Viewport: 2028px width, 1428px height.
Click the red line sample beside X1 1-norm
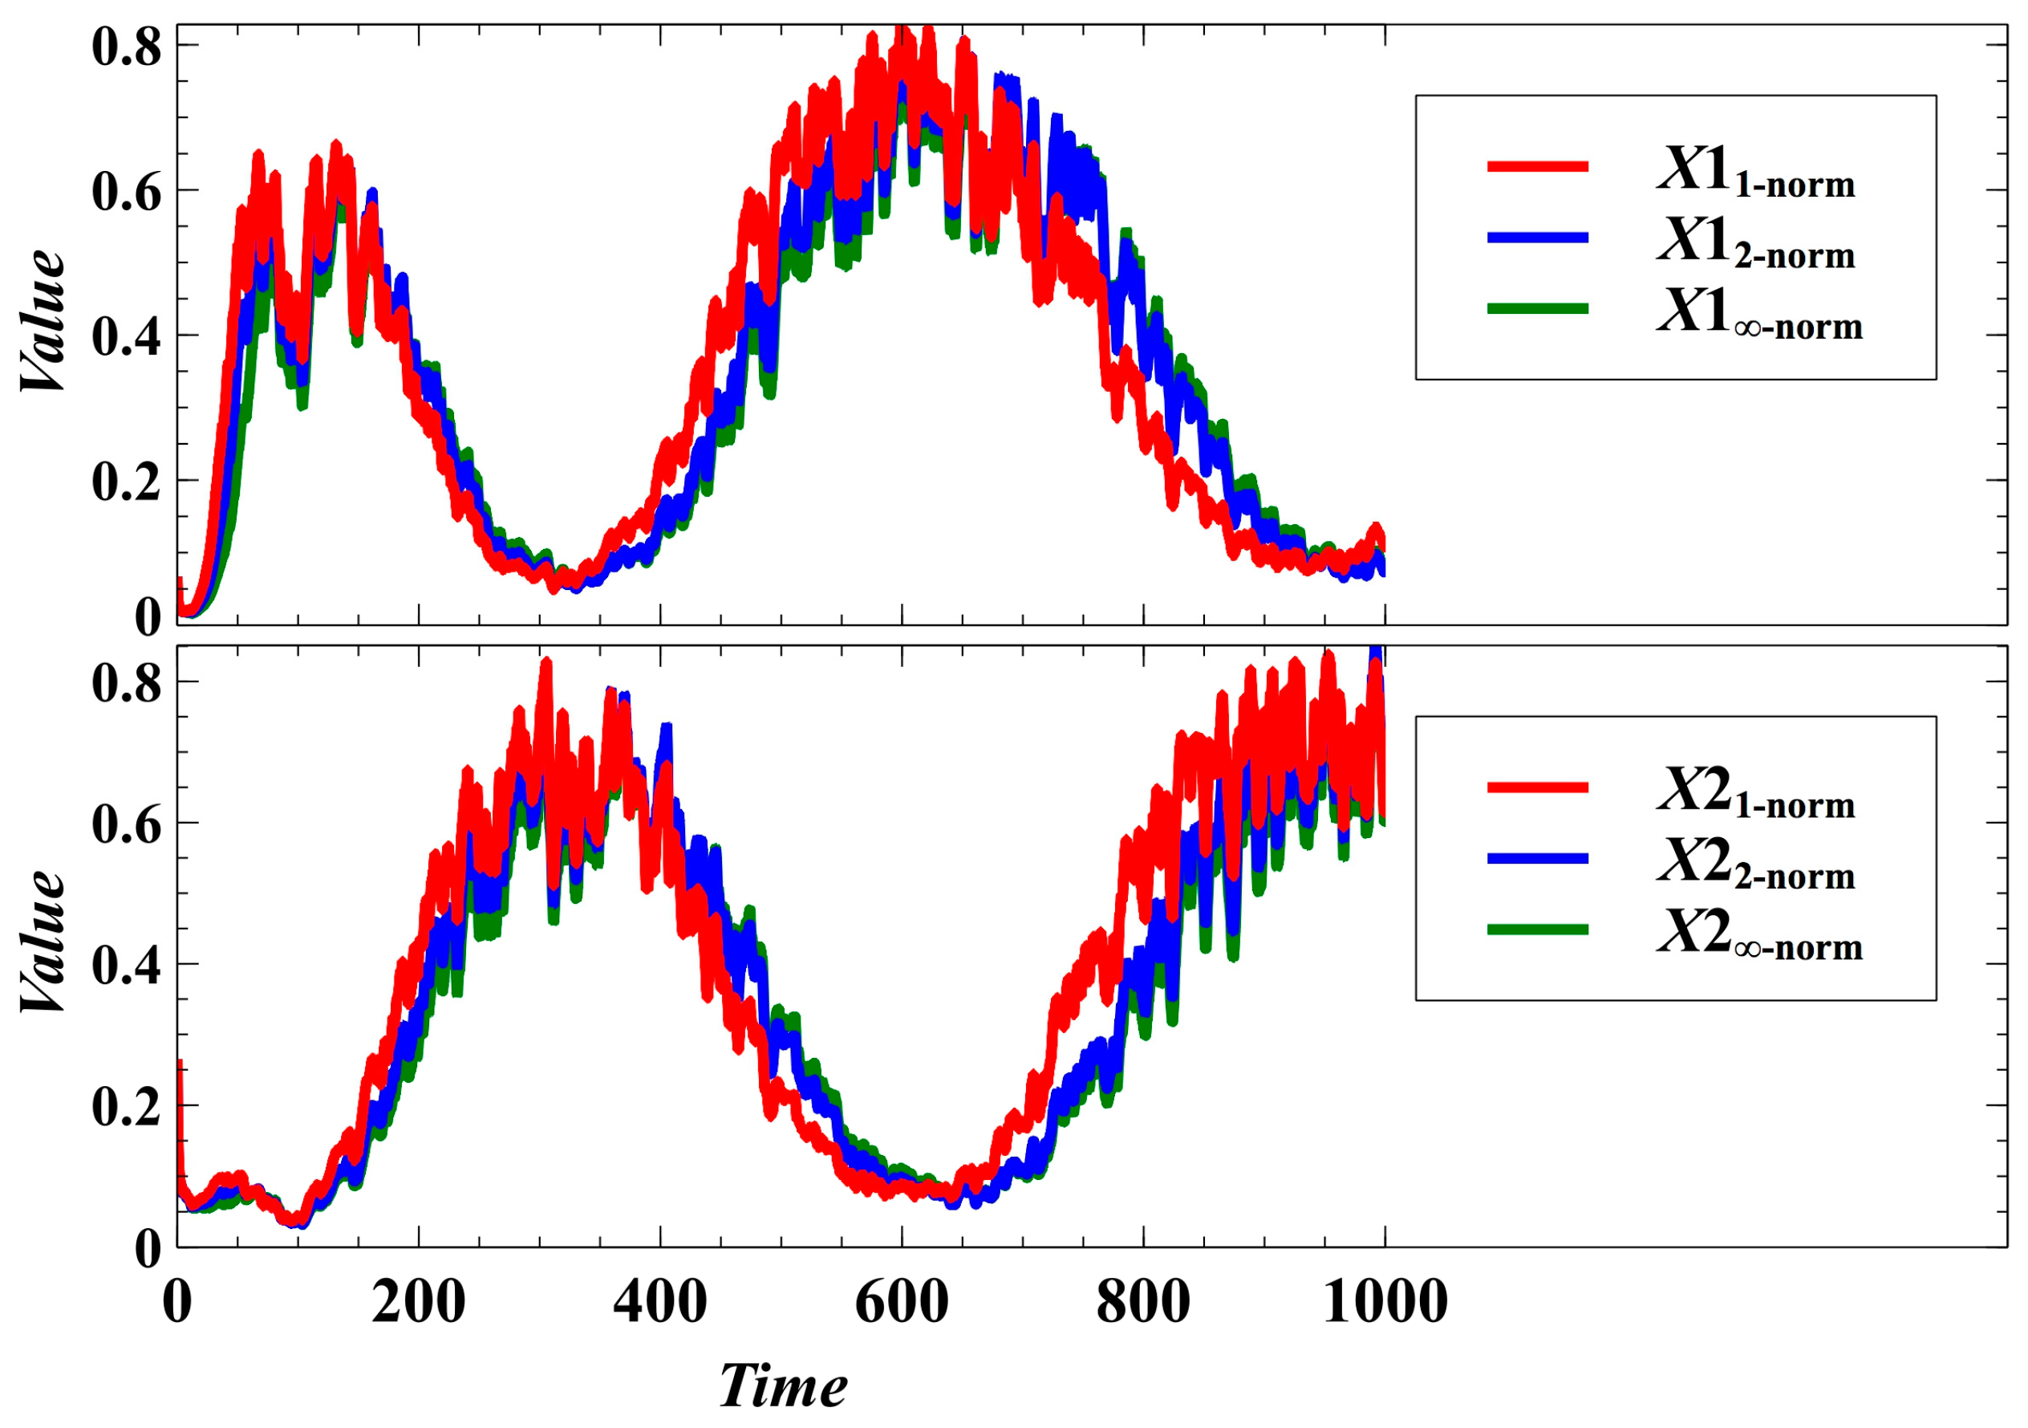[x=1537, y=166]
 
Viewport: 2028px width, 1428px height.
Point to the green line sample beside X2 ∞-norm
[x=1537, y=930]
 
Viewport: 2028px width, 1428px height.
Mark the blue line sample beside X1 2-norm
[x=1537, y=238]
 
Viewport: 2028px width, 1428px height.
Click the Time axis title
[x=783, y=1385]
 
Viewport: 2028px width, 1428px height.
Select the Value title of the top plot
[x=43, y=320]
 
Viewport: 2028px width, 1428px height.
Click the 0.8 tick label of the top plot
[x=126, y=46]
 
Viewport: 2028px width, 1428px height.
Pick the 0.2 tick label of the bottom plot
[x=126, y=1105]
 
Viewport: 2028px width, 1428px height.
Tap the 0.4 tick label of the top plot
[x=126, y=336]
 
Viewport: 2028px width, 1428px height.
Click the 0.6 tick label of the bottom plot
[x=126, y=824]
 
